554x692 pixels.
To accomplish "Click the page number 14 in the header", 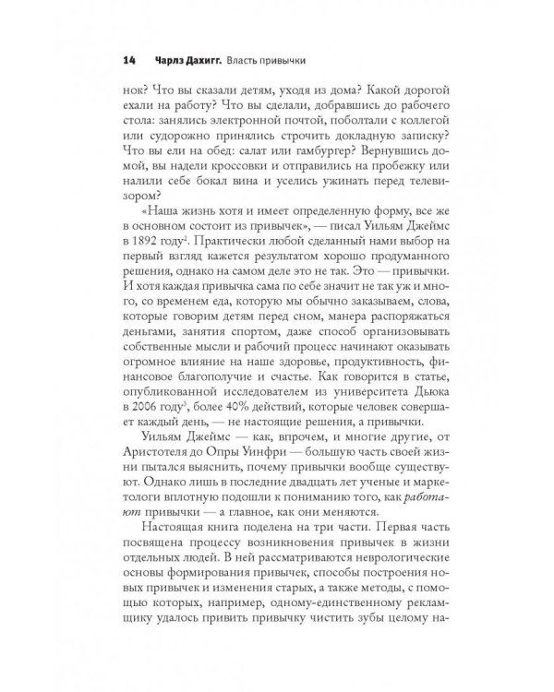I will (x=129, y=62).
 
